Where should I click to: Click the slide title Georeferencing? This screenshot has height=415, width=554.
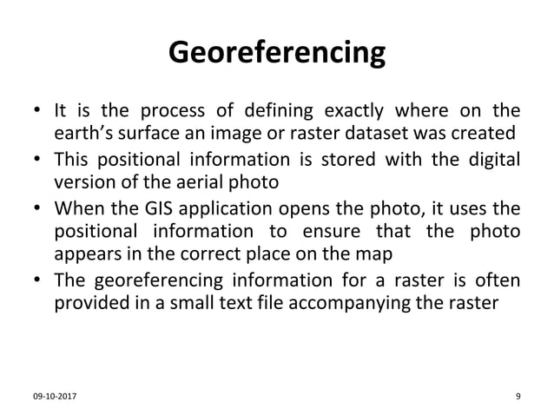(x=277, y=52)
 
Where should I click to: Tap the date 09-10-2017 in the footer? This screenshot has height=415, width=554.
(x=53, y=398)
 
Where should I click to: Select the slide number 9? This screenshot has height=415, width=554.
(x=518, y=398)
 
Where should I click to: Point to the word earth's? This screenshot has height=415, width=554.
(x=83, y=134)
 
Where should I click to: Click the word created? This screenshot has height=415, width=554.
(x=485, y=134)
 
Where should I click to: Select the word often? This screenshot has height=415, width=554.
(x=498, y=280)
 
